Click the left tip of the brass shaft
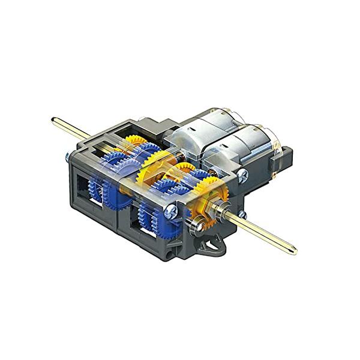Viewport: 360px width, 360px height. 54,120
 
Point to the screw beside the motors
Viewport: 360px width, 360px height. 242,175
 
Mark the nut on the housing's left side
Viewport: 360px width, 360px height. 65,158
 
